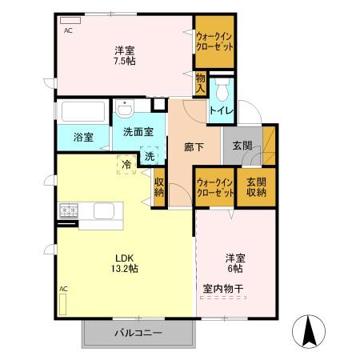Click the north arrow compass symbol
tap(309, 331)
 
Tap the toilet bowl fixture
tap(222, 90)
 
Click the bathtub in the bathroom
tap(83, 111)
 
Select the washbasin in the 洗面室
tap(125, 110)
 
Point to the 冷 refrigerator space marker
tap(126, 165)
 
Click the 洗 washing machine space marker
tap(150, 156)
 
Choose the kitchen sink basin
tap(104, 211)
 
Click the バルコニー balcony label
tap(138, 333)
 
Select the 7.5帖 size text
tap(125, 62)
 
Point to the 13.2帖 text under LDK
tap(125, 269)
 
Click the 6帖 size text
tap(235, 269)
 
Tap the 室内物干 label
tap(223, 289)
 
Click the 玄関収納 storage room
tap(256, 187)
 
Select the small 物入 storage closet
tap(200, 83)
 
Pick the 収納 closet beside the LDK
tap(158, 187)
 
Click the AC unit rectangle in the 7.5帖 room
tap(70, 21)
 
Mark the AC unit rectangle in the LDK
tap(62, 304)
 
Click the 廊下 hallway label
tap(194, 147)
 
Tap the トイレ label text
tap(222, 110)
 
